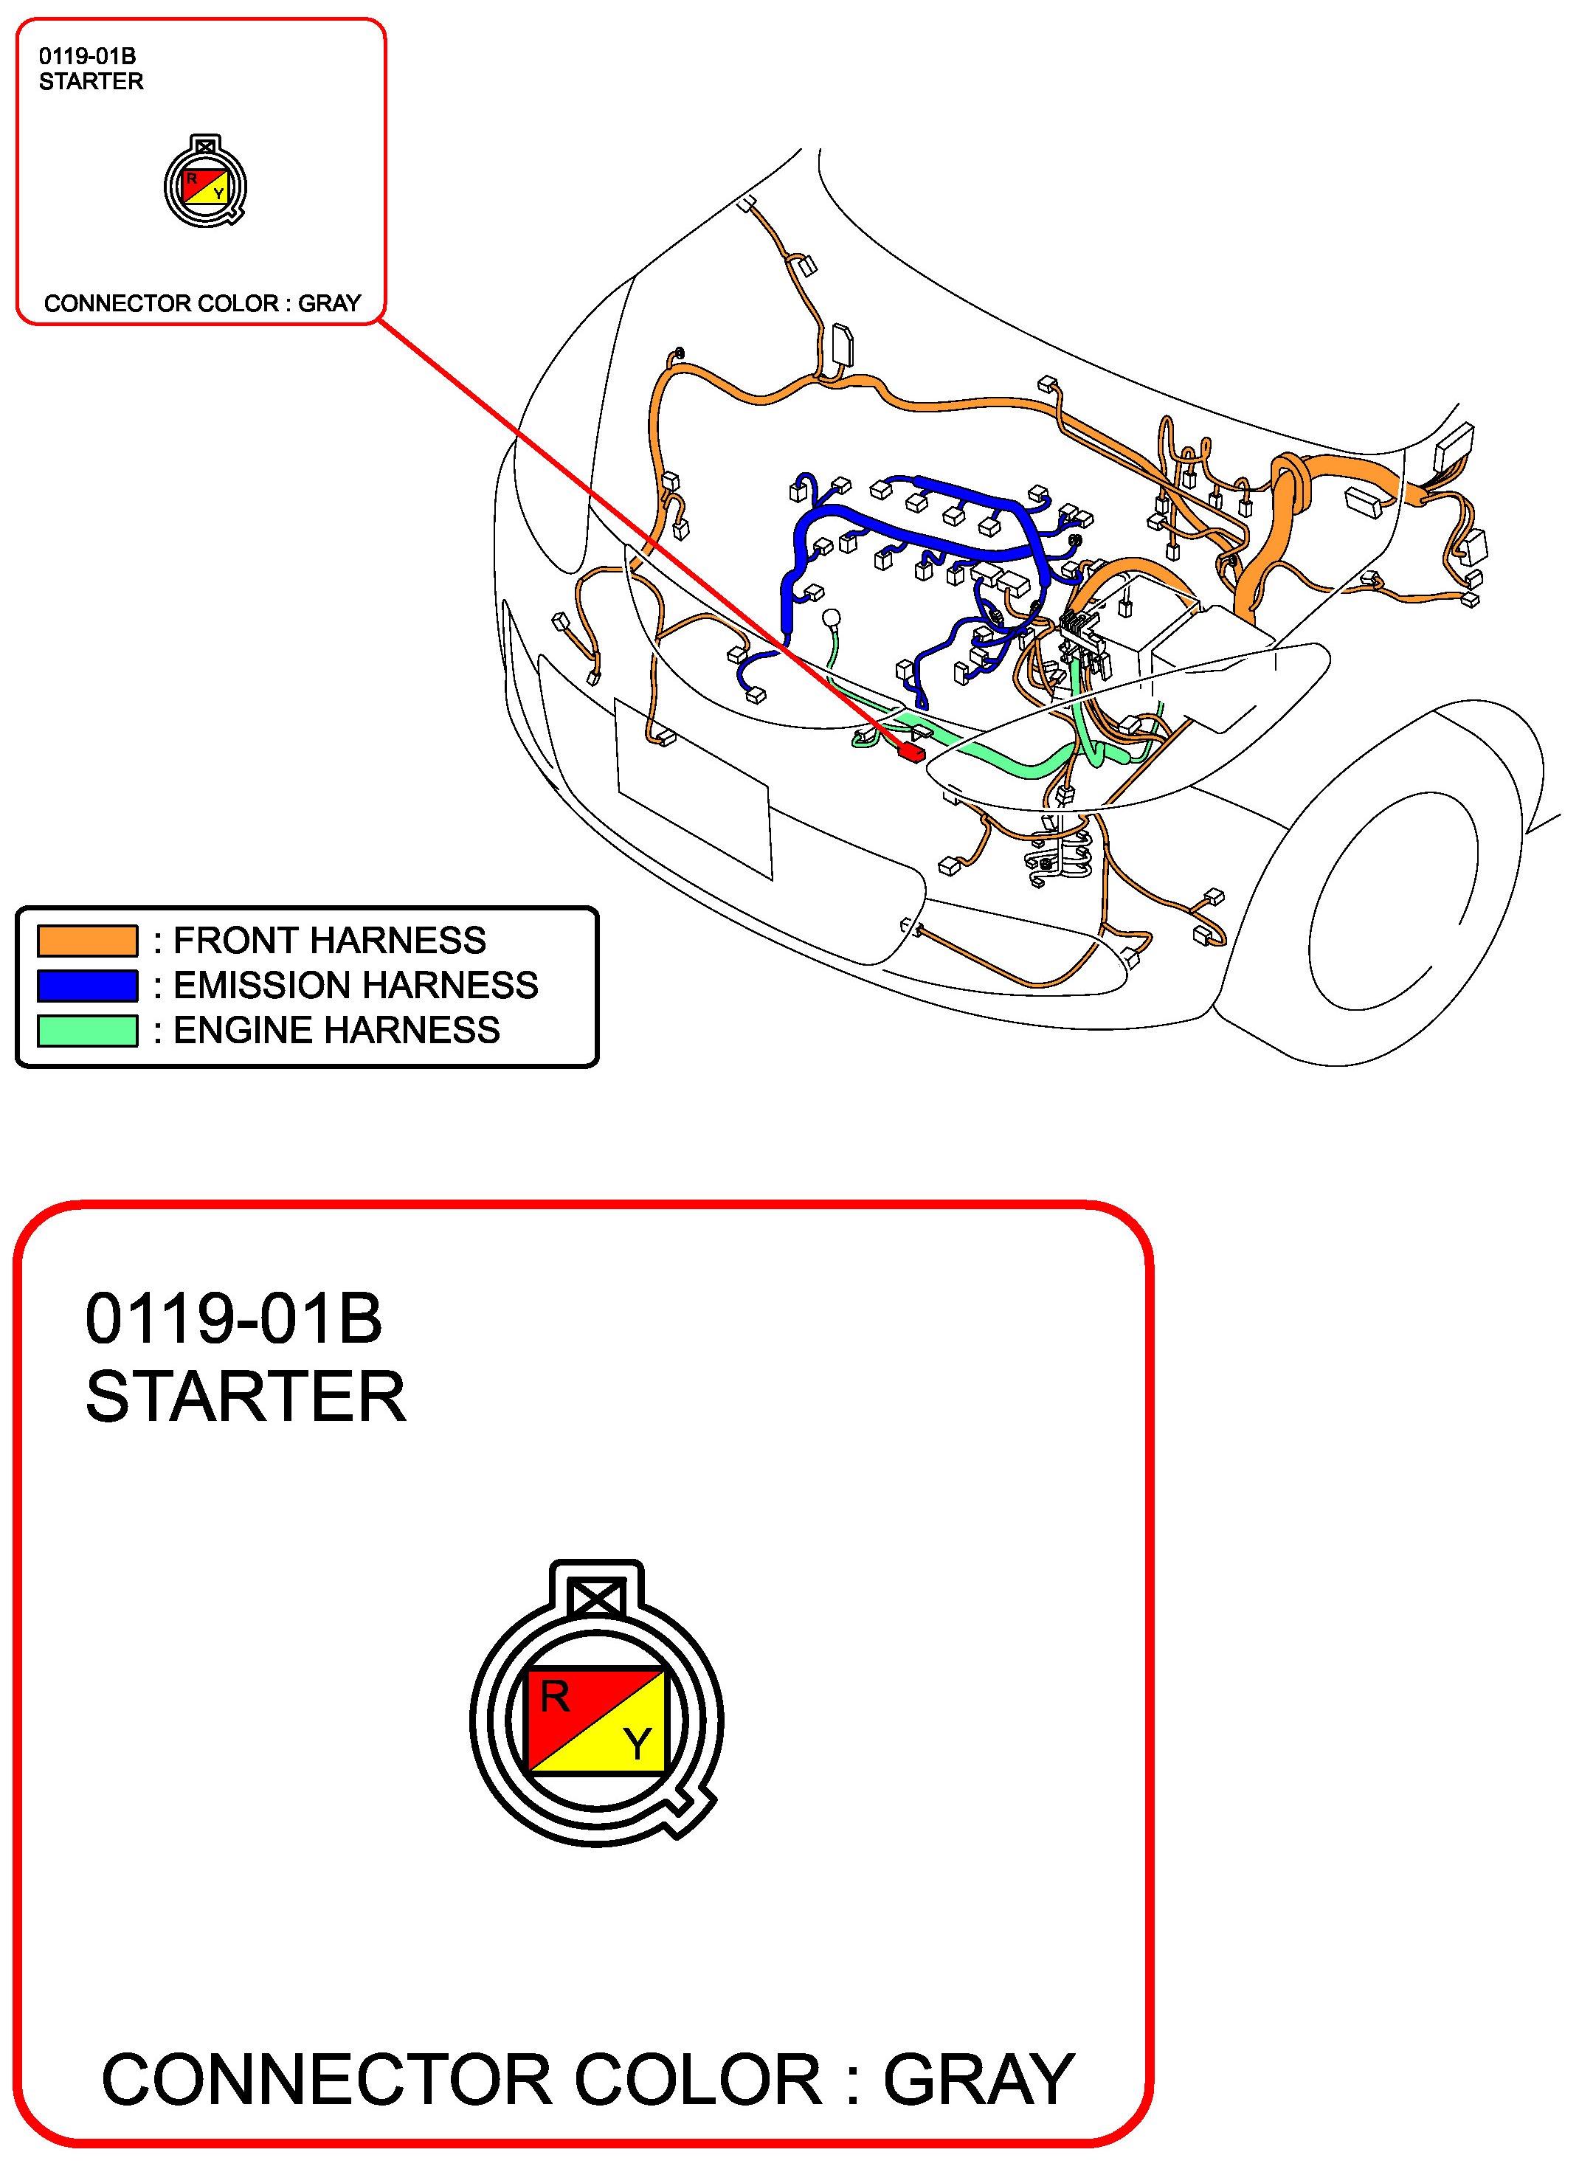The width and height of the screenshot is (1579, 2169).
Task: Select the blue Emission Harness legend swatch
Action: (x=87, y=986)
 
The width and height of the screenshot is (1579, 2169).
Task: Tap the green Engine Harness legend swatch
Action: (x=87, y=1031)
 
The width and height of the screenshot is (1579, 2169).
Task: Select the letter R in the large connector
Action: (x=555, y=1697)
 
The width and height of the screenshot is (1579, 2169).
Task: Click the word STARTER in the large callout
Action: (x=246, y=1397)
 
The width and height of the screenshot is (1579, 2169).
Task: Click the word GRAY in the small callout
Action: (x=329, y=303)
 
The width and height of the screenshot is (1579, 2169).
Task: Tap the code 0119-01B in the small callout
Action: (x=87, y=56)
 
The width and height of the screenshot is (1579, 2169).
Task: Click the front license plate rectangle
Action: (x=694, y=788)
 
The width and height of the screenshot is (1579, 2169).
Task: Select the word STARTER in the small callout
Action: (x=91, y=81)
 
